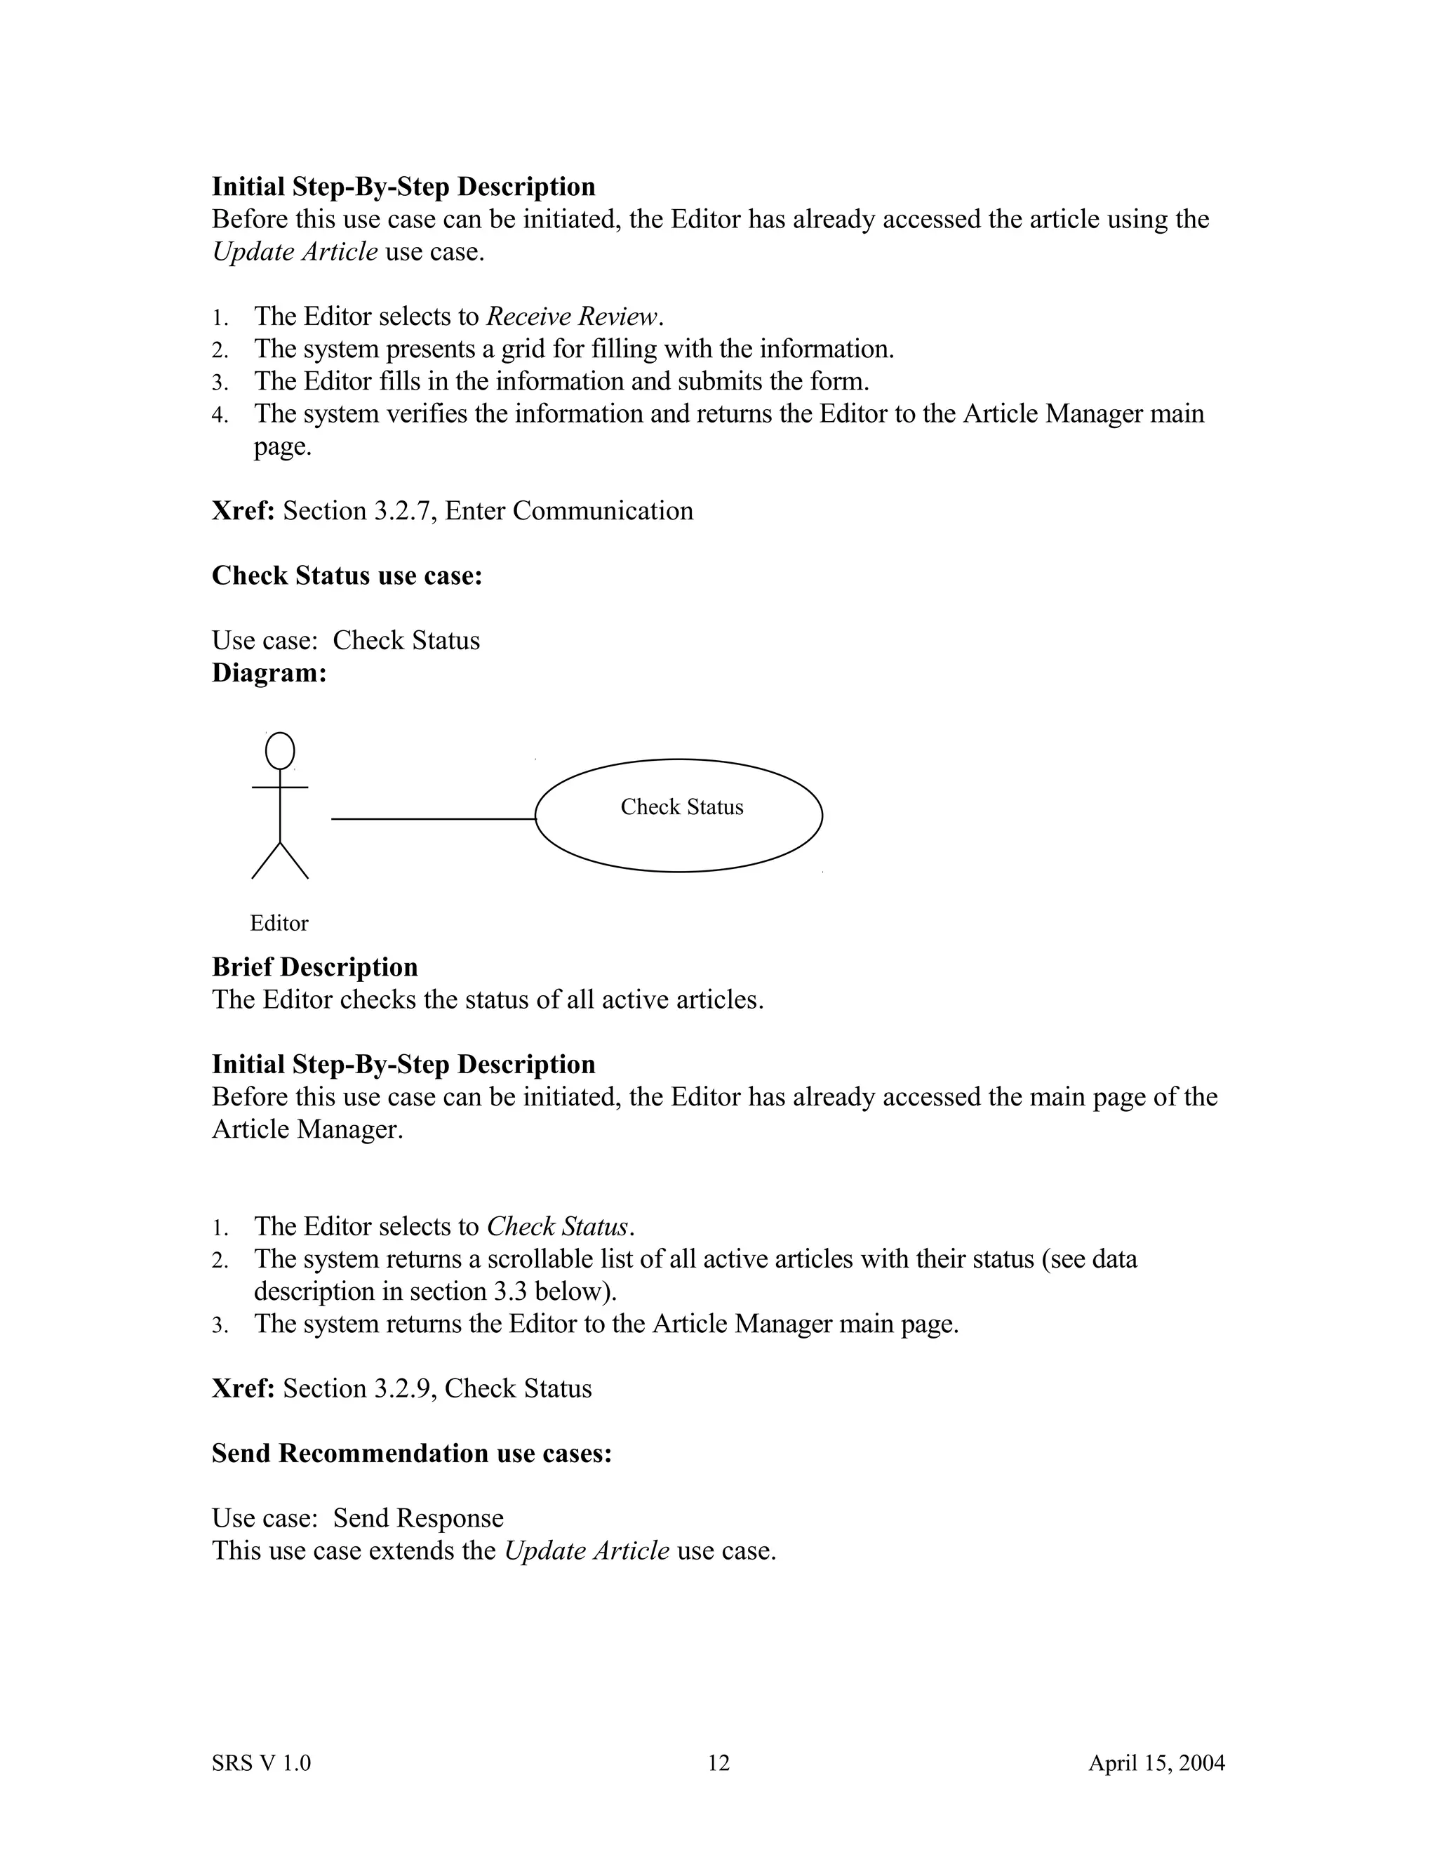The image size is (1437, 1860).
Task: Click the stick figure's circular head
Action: pyautogui.click(x=280, y=751)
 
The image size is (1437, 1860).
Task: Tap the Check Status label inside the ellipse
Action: pyautogui.click(x=681, y=806)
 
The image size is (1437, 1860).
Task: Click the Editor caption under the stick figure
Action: pyautogui.click(x=279, y=923)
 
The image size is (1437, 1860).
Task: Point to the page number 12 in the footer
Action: pyautogui.click(x=718, y=1762)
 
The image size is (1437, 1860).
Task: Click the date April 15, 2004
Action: pyautogui.click(x=1156, y=1762)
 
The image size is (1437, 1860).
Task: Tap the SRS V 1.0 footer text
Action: pyautogui.click(x=261, y=1762)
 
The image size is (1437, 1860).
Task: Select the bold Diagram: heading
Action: pyautogui.click(x=269, y=673)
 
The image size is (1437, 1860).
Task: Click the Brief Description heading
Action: pyautogui.click(x=314, y=966)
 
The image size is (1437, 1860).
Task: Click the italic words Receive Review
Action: pyautogui.click(x=572, y=317)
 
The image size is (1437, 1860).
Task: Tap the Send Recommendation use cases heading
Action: pyautogui.click(x=411, y=1453)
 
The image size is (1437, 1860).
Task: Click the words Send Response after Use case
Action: pyautogui.click(x=418, y=1517)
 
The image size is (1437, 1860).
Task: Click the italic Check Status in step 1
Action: pyautogui.click(x=559, y=1226)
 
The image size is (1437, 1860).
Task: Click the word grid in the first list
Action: pyautogui.click(x=523, y=349)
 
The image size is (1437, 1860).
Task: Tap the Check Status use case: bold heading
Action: pyautogui.click(x=347, y=576)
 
